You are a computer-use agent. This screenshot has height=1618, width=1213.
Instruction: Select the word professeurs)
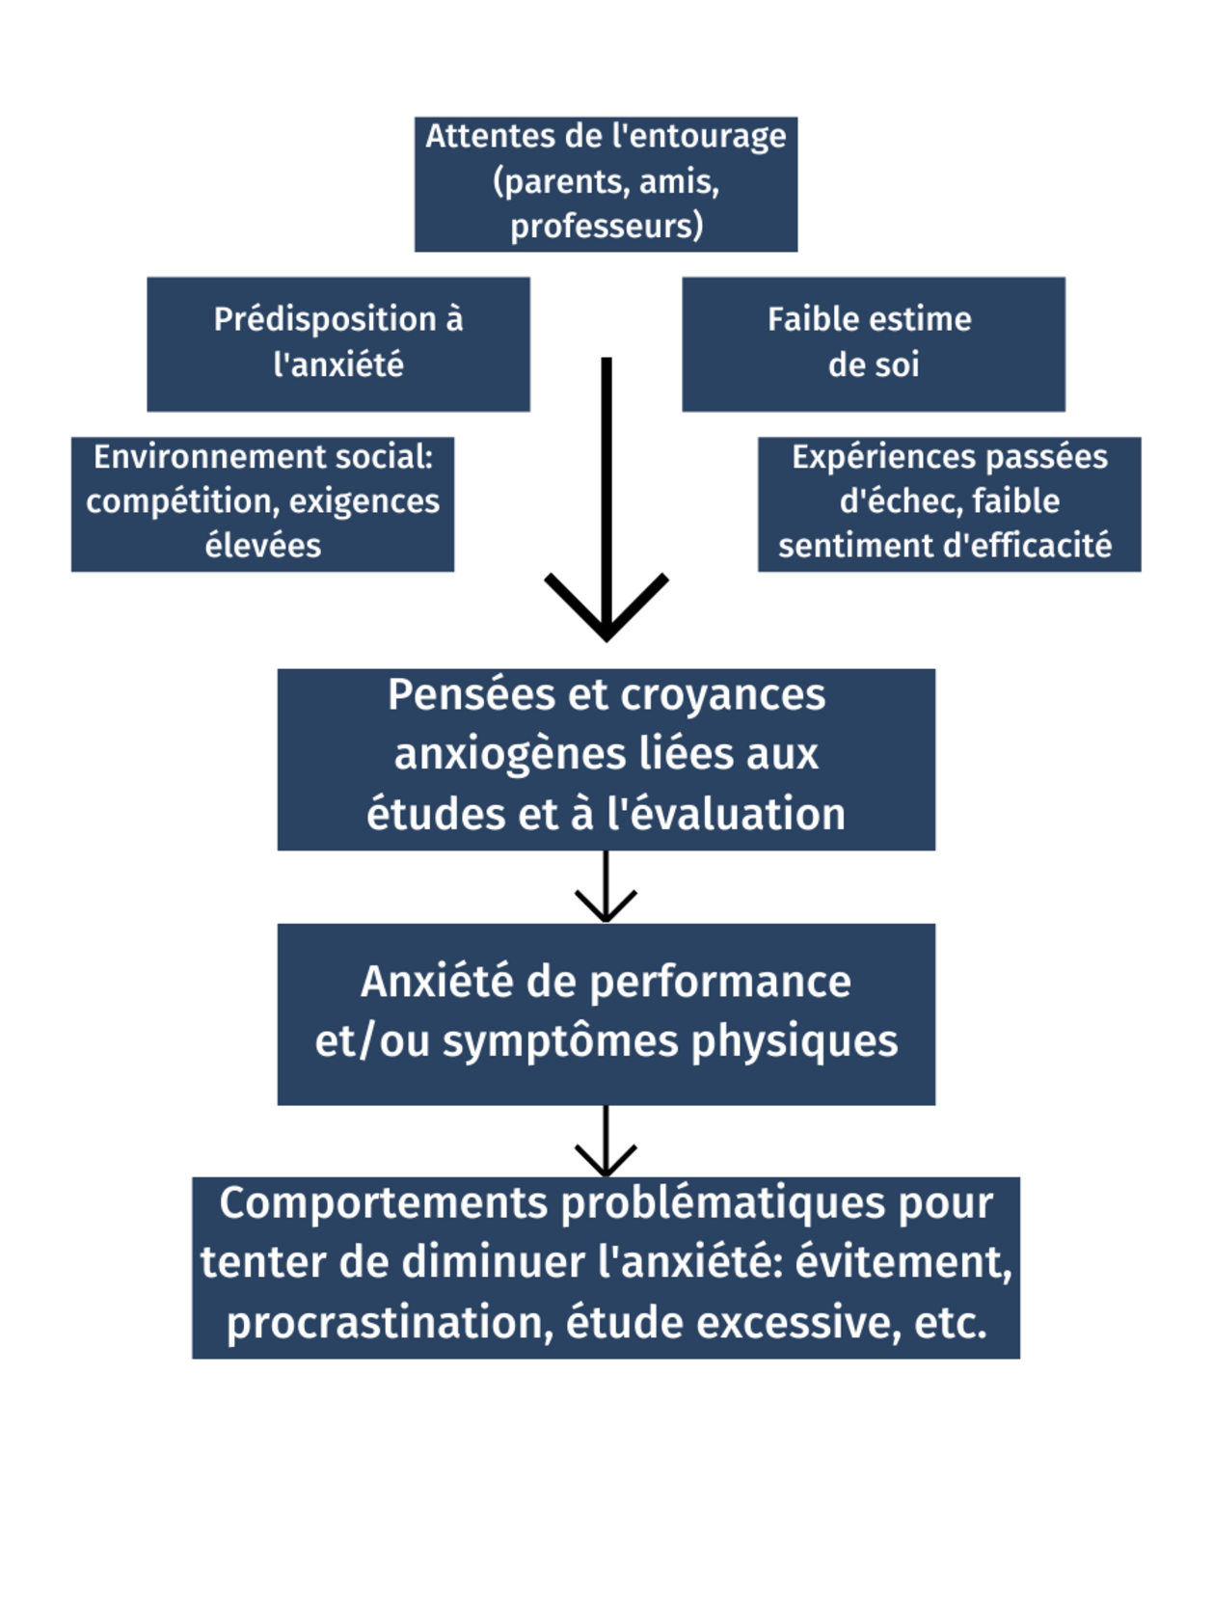click(606, 227)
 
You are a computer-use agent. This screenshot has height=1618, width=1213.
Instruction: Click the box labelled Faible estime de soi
click(873, 344)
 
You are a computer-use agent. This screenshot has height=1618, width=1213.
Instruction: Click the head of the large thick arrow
click(606, 607)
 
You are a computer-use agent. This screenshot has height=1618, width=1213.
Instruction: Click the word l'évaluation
click(726, 815)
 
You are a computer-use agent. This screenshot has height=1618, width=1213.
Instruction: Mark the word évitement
click(903, 1263)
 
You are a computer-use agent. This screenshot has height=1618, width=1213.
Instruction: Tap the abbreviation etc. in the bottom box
click(951, 1323)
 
